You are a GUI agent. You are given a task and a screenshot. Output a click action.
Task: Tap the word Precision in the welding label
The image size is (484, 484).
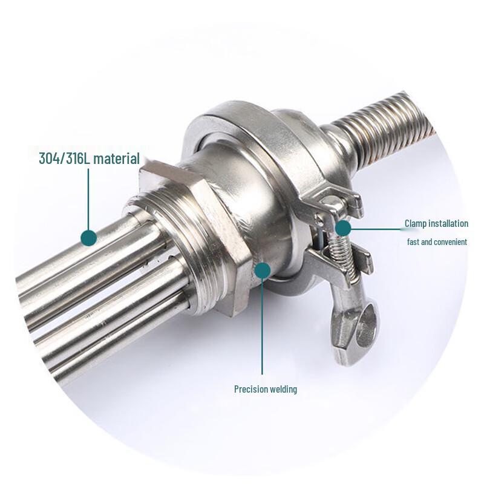[x=251, y=389]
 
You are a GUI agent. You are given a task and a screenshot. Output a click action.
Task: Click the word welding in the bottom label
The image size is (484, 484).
[x=283, y=389]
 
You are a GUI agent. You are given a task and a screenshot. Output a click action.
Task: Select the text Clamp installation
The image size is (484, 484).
[x=436, y=224]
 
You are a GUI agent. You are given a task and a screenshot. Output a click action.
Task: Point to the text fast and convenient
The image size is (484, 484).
[x=436, y=242]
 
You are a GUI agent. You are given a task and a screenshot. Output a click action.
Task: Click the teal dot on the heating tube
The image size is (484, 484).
[x=89, y=237]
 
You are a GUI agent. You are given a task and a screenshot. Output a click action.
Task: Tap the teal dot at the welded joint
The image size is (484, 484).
[x=262, y=270]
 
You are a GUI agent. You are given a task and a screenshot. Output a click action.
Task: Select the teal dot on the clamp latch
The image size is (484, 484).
[x=343, y=228]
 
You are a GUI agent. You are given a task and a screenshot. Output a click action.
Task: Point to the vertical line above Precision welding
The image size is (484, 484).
[x=262, y=327]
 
